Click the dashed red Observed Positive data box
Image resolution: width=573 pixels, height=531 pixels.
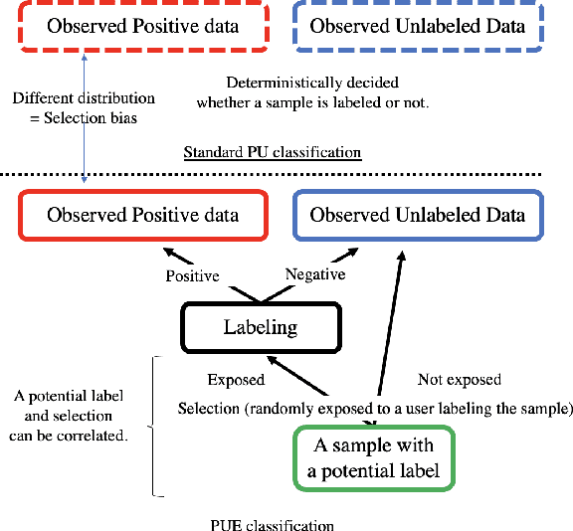[142, 26]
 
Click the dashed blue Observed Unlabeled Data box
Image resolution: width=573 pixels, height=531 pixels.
[417, 26]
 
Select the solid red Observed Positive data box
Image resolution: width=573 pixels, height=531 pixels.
[142, 216]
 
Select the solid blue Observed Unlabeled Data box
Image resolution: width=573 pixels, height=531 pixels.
[417, 216]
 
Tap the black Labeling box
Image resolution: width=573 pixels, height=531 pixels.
[260, 326]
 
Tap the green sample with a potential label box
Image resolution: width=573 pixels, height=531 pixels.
[374, 457]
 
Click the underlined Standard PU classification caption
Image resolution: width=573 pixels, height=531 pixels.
[272, 152]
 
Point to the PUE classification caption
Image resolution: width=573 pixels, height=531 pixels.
[272, 524]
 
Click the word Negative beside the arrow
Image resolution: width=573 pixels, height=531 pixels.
[315, 273]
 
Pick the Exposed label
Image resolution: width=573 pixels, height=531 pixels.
[236, 379]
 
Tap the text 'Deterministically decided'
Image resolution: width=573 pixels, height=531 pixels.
[311, 82]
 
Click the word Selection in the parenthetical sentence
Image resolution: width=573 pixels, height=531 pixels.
[209, 408]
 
